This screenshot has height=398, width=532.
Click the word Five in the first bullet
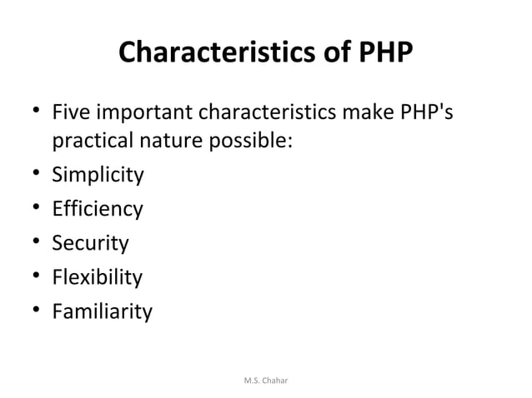click(x=70, y=111)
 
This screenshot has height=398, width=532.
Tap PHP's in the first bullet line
click(x=429, y=111)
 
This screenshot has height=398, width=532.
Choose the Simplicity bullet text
click(x=98, y=176)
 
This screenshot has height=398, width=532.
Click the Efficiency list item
click(x=97, y=209)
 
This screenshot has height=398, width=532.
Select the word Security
click(x=90, y=243)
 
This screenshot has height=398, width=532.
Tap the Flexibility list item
click(x=97, y=277)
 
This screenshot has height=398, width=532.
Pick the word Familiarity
click(x=102, y=312)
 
